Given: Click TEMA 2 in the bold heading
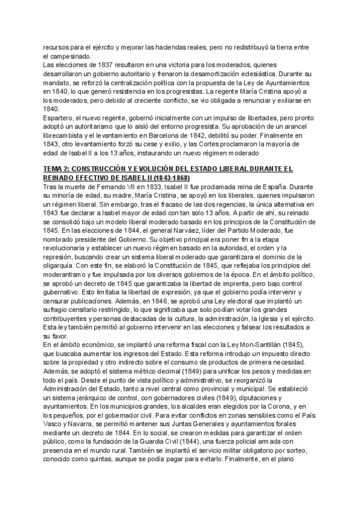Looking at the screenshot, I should coord(58,169).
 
